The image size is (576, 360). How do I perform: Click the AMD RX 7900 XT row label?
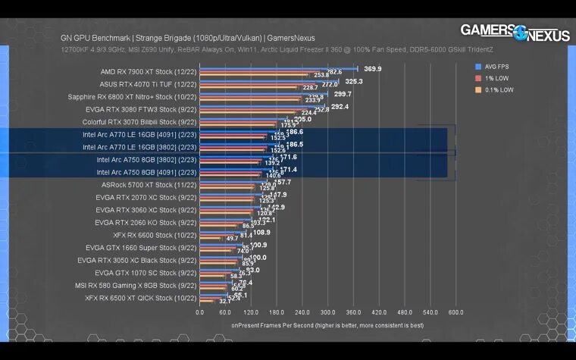coord(149,71)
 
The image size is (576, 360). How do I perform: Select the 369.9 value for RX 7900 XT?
coord(373,69)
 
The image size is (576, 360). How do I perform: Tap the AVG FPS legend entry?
coord(496,66)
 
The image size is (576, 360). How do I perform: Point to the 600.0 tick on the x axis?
coord(456,311)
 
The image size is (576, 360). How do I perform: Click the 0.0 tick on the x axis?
coord(200,311)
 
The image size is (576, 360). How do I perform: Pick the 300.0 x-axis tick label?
coord(327,311)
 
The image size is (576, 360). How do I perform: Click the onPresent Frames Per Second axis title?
coord(327,325)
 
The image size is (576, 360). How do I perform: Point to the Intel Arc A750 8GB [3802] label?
coord(146,160)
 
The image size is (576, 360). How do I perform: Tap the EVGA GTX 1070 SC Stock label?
coord(146,273)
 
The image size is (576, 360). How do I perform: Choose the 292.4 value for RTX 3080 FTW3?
coord(340,107)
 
